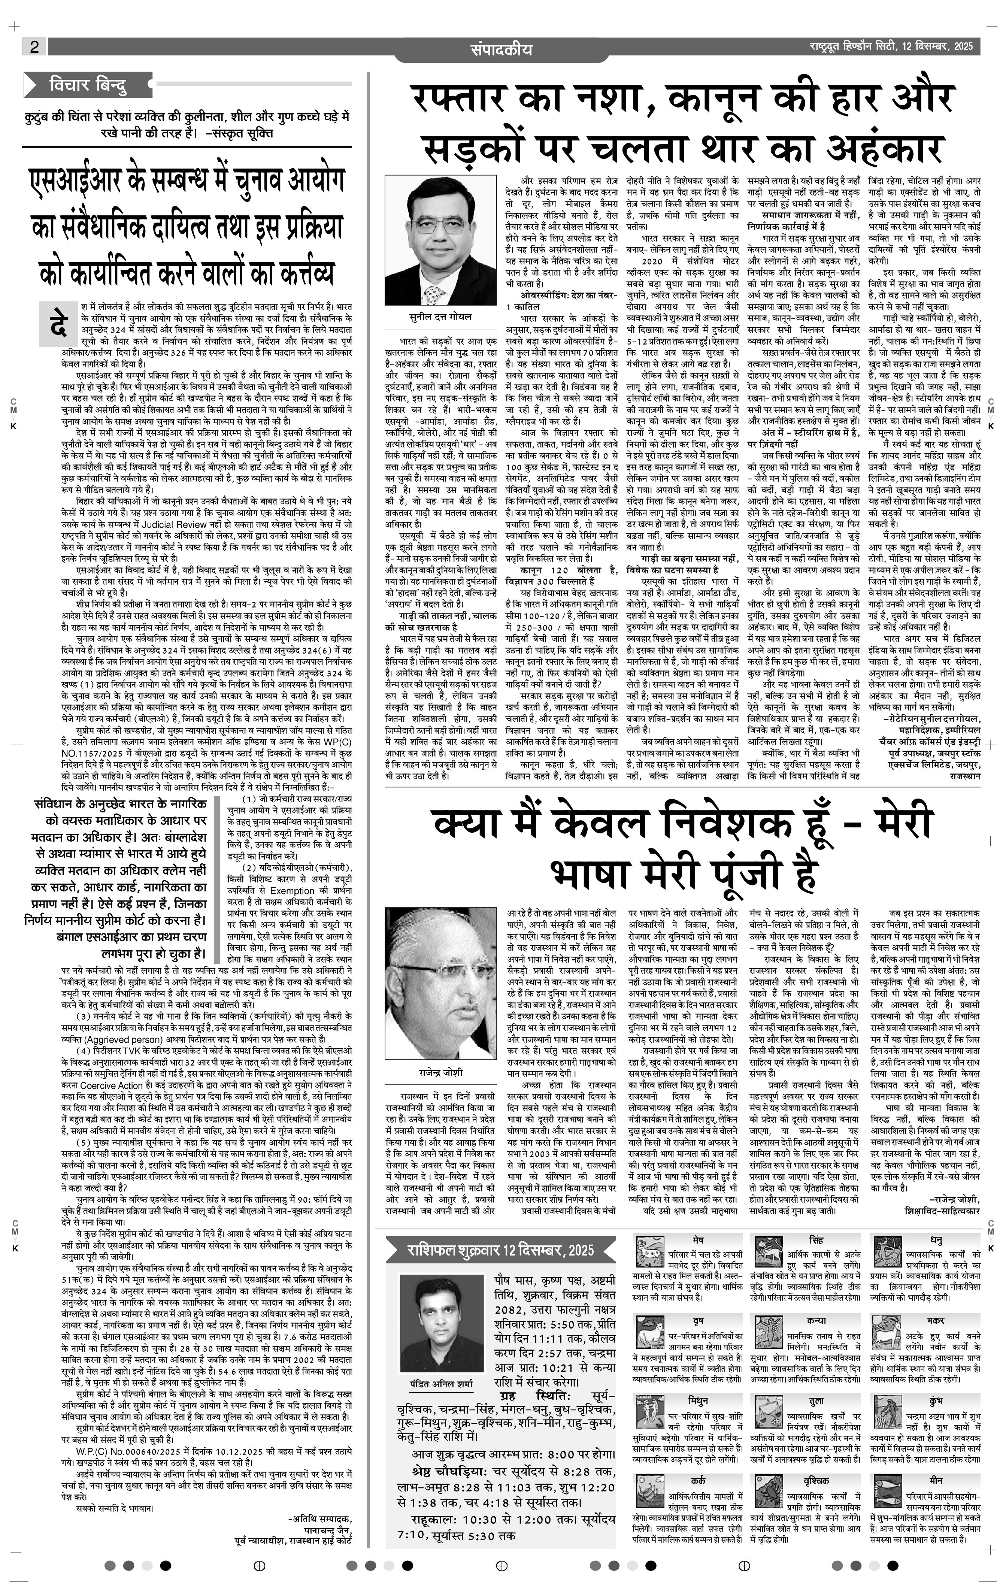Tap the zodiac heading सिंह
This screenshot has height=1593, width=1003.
tap(816, 1239)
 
